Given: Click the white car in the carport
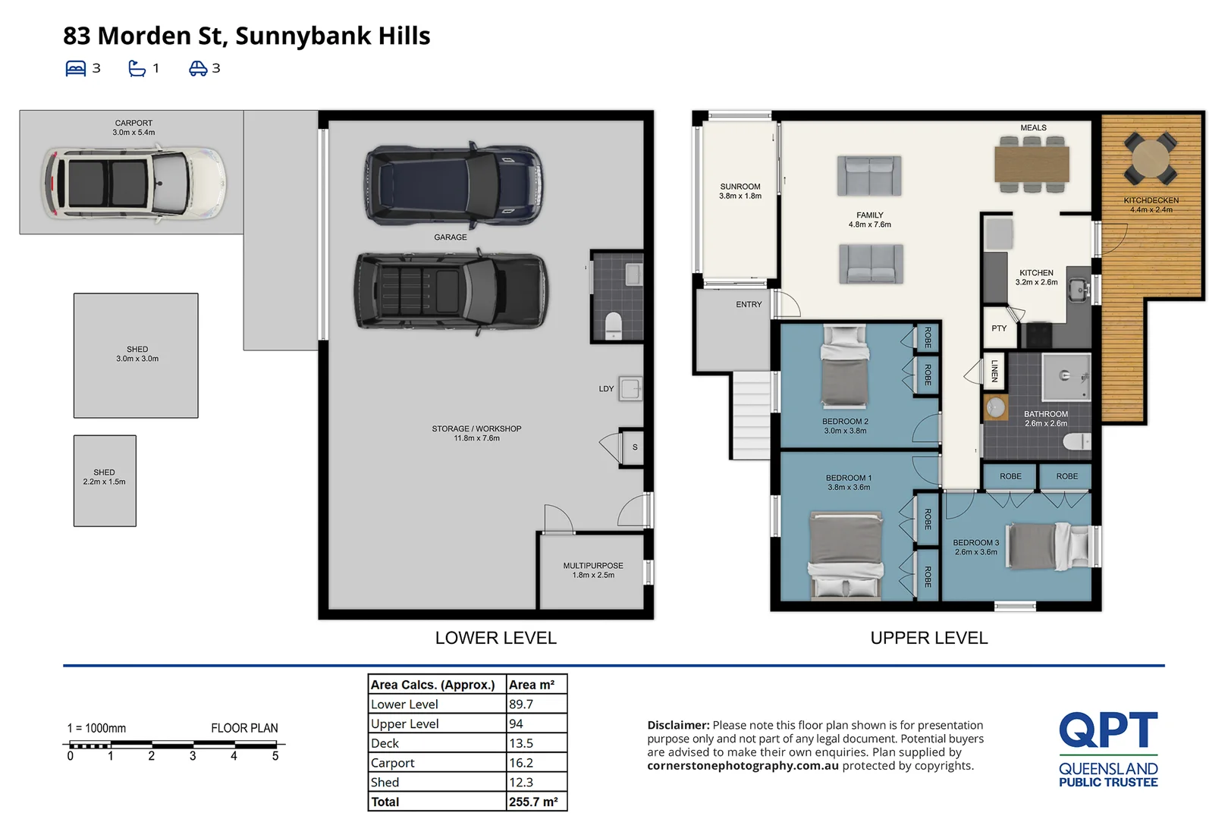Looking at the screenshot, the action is point(133,183).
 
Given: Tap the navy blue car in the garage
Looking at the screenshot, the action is point(454,185).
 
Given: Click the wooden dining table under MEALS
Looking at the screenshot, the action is point(1032,164).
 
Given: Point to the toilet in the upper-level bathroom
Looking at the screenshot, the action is point(1077,441).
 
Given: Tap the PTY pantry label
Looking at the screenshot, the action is point(999,328).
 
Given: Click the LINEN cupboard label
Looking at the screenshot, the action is point(994,371).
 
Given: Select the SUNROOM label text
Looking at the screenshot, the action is point(740,187).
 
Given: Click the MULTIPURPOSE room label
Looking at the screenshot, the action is point(593,565).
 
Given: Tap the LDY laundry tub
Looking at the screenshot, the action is point(630,389).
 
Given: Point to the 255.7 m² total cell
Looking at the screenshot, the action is point(533,802).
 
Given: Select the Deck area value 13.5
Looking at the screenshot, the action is point(521,743).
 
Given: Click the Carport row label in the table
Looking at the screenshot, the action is point(393,763).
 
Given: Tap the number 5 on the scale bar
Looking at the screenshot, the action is point(275,756).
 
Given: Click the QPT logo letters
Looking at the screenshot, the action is point(1108,730).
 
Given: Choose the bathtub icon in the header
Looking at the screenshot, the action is point(137,68).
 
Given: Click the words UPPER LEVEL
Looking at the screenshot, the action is point(928,638).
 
